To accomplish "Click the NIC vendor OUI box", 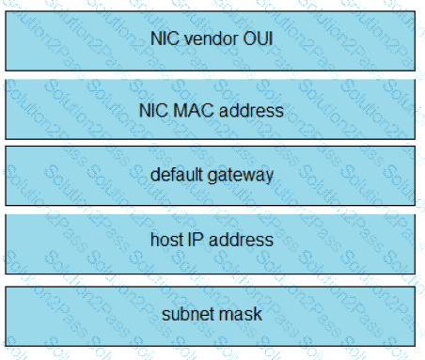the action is point(211,40).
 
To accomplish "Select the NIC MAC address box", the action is point(211,109).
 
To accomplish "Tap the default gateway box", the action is point(211,176).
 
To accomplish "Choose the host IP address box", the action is point(211,244).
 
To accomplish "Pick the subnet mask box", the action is point(211,317).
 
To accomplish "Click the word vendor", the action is point(211,39).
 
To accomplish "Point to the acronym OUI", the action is point(258,39).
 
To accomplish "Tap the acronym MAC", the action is point(194,110).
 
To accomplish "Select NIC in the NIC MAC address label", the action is point(153,110).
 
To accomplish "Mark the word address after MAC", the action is point(251,110).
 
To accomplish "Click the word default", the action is point(177,174).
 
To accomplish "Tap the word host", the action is point(166,240).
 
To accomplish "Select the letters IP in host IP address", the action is point(195,240).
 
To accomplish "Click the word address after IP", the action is point(241,240).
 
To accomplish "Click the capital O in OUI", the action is point(249,39).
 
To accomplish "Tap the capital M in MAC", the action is point(180,110).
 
